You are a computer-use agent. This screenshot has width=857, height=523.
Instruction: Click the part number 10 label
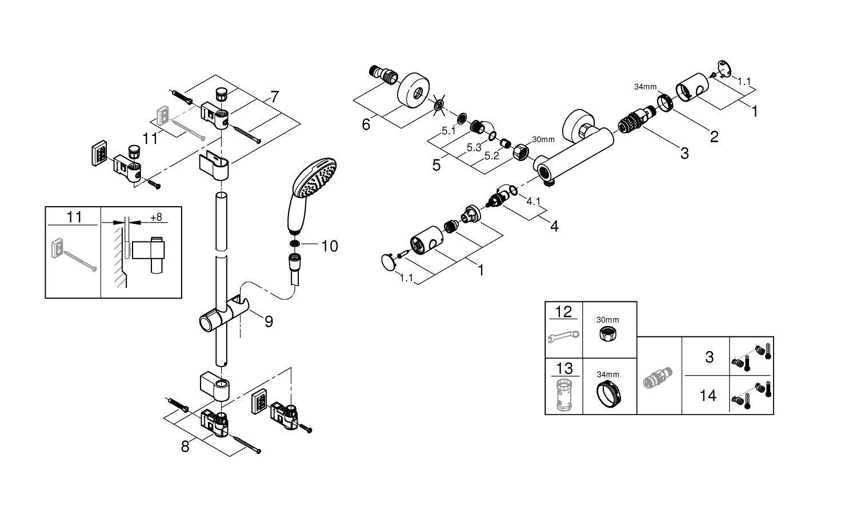pos(330,246)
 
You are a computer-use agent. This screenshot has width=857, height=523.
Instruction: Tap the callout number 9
pos(269,321)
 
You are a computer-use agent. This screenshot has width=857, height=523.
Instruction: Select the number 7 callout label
pos(274,97)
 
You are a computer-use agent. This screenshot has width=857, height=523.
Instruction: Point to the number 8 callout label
pos(185,446)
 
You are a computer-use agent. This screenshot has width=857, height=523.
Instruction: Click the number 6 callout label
pos(366,124)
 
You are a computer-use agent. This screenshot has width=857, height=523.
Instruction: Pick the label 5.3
pos(474,147)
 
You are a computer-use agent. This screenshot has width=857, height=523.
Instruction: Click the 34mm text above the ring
pos(645,87)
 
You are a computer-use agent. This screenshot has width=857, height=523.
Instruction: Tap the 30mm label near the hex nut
pos(543,139)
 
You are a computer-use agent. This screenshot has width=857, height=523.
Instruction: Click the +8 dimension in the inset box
pos(155,218)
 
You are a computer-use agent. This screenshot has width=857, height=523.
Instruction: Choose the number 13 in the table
pos(563,368)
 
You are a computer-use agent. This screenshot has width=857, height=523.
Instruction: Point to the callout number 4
pos(554,226)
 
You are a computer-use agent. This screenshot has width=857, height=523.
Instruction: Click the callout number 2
pos(714,136)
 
